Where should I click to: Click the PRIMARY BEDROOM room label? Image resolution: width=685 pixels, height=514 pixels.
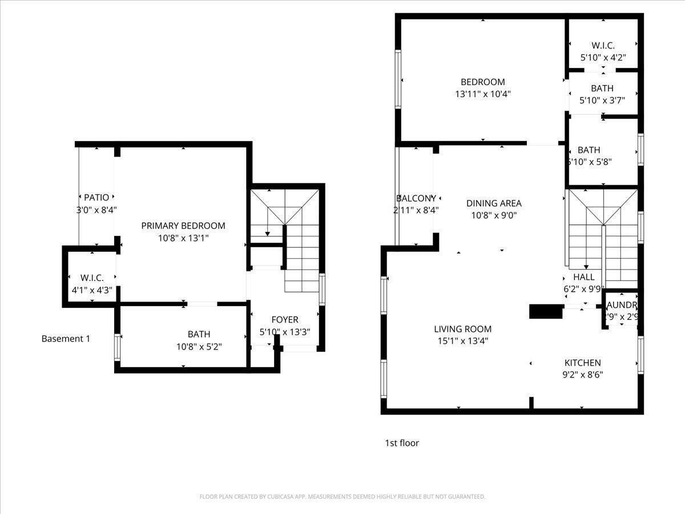[x=183, y=226]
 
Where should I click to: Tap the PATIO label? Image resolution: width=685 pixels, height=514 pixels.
[x=96, y=198]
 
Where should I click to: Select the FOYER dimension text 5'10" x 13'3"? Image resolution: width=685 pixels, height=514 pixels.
[x=285, y=332]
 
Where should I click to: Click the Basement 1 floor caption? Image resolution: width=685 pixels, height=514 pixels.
[x=66, y=339]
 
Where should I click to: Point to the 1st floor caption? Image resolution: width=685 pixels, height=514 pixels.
[x=402, y=443]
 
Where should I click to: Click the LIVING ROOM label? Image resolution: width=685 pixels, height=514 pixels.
[x=462, y=329]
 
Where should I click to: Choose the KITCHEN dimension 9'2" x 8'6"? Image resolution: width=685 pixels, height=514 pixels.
[x=583, y=375]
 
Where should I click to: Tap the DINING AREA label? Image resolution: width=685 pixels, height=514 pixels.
[x=494, y=203]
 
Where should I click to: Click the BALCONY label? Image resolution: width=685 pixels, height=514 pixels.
[x=416, y=198]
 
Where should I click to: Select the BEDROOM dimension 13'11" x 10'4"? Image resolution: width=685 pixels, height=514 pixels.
[x=483, y=94]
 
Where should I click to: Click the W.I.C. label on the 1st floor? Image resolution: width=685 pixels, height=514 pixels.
[x=603, y=45]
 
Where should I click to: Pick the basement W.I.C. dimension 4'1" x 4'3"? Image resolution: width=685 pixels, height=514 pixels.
[x=91, y=290]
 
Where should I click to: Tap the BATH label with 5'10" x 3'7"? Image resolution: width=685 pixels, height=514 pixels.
[x=602, y=88]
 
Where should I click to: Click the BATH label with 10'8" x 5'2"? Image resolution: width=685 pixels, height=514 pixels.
[x=199, y=334]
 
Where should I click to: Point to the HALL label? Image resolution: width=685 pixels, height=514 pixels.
[x=584, y=277]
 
